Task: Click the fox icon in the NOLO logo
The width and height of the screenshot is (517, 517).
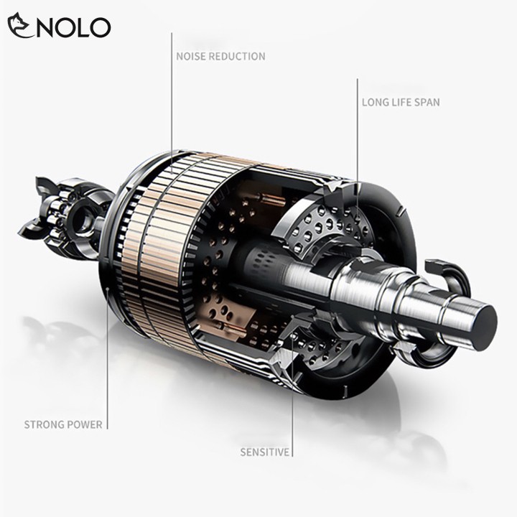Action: (x=20, y=26)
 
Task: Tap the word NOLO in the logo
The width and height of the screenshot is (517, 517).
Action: (x=73, y=27)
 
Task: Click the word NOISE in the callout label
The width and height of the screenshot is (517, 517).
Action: (x=190, y=57)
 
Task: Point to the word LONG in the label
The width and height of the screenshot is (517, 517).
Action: (x=376, y=102)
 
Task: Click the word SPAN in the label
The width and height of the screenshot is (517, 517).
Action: (x=427, y=102)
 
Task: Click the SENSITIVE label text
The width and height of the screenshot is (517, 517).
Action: (x=265, y=452)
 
